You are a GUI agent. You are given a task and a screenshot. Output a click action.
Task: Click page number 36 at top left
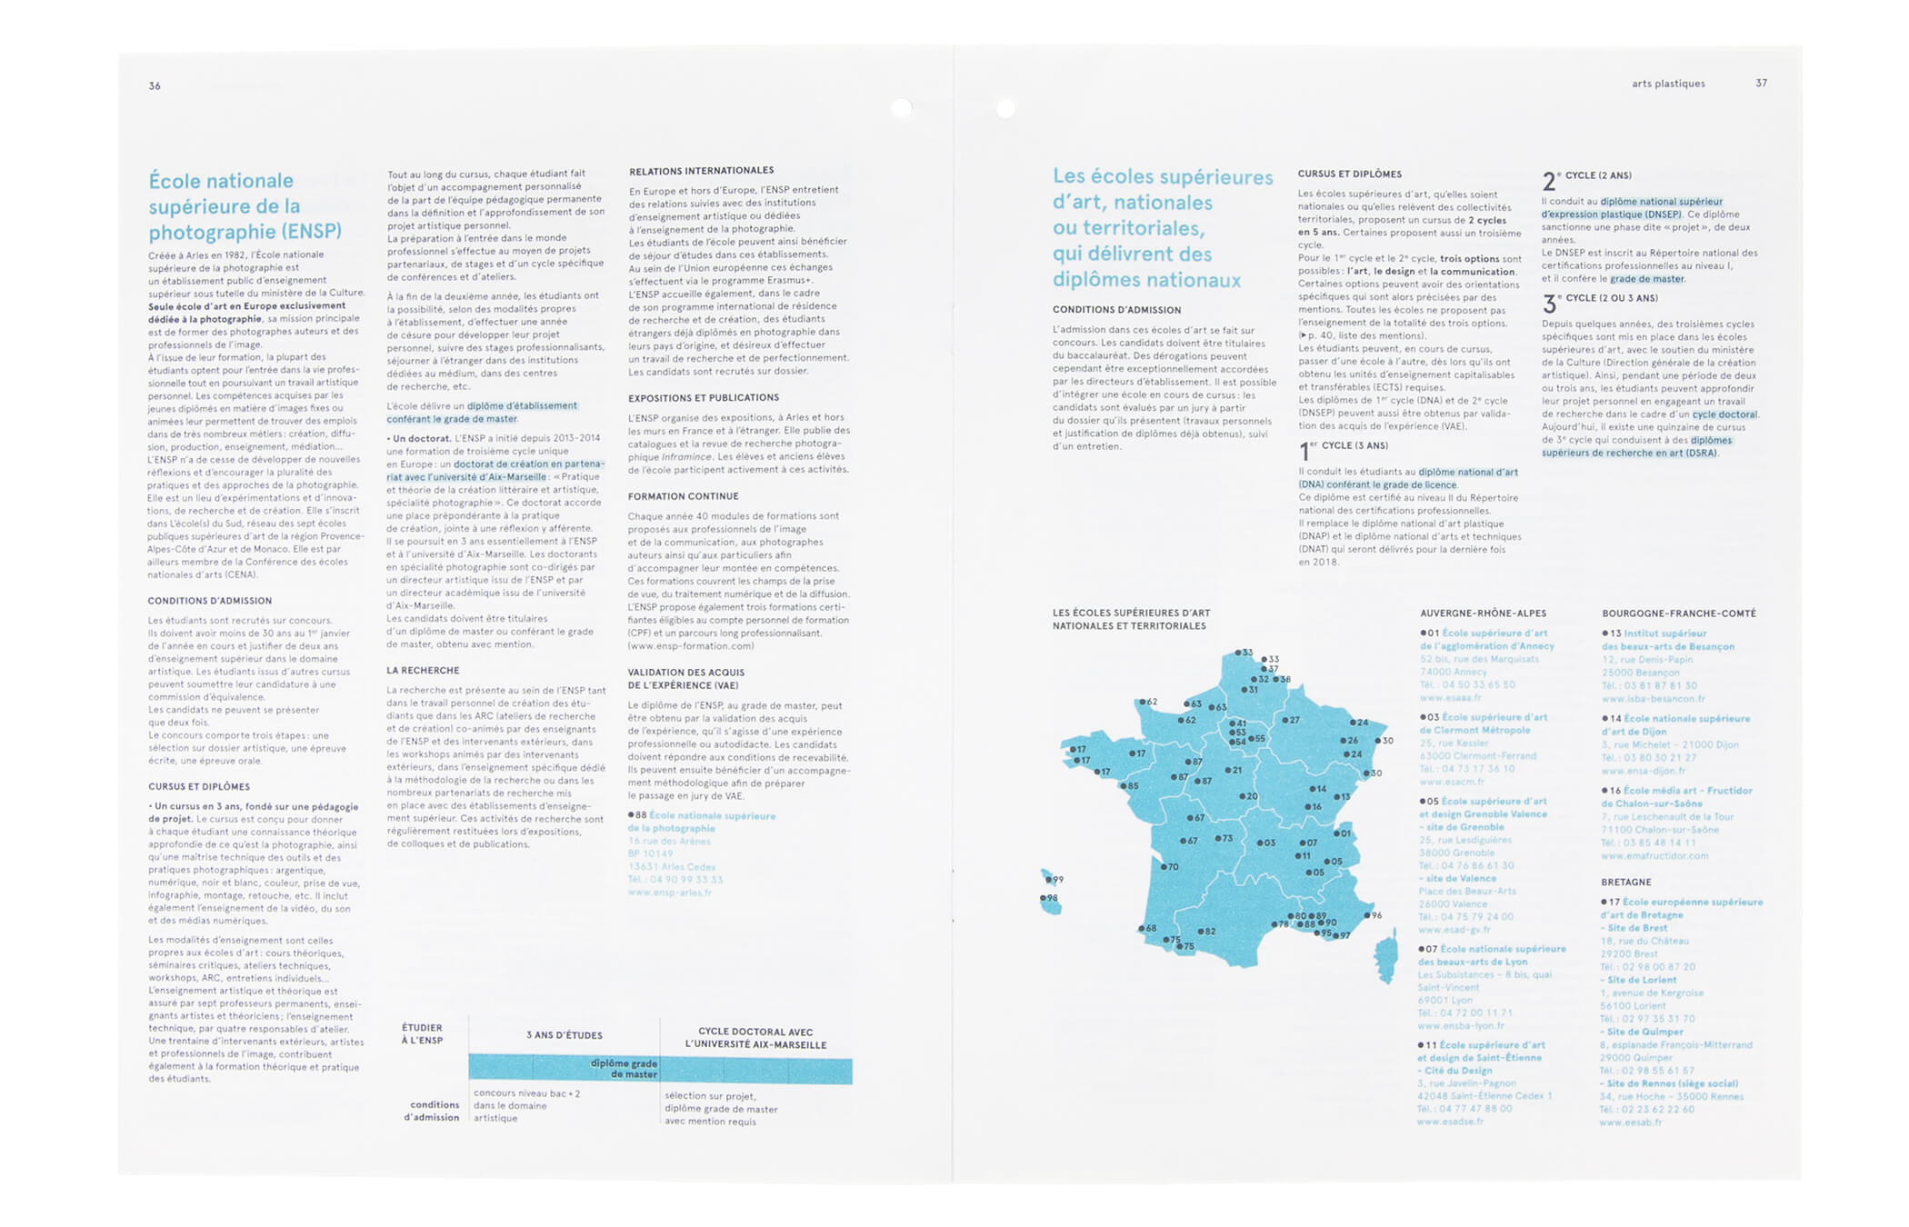[x=155, y=86]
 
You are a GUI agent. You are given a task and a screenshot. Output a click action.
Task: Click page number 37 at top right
[x=1761, y=84]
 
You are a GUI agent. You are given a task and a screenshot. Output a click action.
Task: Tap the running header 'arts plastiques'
[x=1668, y=84]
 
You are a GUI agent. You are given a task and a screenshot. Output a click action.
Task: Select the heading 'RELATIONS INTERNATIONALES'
[x=701, y=171]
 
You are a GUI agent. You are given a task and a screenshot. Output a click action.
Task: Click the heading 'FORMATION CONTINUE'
[x=683, y=496]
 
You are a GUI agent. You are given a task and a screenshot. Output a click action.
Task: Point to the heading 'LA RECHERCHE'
[x=423, y=671]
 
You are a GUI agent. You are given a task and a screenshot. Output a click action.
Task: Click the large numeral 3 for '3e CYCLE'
[x=1549, y=304]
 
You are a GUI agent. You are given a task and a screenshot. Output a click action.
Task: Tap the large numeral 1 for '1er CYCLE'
[x=1304, y=451]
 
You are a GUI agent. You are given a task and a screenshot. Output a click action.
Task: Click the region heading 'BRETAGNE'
[x=1626, y=883]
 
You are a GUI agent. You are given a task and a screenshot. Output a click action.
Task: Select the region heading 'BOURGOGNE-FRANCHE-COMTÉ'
[x=1678, y=613]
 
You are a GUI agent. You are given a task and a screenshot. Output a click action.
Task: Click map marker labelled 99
[x=1047, y=879]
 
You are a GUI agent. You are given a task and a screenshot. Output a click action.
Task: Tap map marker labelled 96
[x=1366, y=915]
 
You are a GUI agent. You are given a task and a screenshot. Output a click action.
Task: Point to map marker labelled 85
[x=1123, y=786]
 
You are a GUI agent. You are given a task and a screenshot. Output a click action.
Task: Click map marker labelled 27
[x=1284, y=720]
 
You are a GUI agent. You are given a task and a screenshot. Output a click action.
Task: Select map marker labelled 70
[x=1163, y=867]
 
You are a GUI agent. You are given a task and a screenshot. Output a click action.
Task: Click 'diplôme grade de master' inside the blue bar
[x=623, y=1069]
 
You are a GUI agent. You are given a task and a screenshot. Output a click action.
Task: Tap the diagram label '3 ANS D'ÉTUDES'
[x=564, y=1035]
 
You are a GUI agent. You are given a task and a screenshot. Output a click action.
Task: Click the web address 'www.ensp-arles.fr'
[x=669, y=893]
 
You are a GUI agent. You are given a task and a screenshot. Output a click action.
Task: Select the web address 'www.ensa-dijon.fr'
[x=1643, y=771]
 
